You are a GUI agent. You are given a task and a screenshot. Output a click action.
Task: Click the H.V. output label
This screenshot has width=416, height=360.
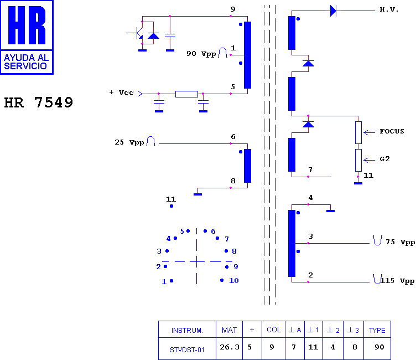coord(389,10)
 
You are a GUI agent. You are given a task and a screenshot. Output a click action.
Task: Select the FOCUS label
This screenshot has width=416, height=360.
coord(392,131)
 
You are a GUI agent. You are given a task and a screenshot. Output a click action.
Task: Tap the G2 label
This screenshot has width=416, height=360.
coord(384,159)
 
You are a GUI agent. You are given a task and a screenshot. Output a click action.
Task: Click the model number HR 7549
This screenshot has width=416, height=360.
coord(39,102)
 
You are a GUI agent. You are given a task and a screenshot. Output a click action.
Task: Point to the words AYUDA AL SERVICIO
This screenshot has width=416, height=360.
coord(26,61)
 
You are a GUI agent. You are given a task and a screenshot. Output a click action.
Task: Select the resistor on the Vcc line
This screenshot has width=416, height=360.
coord(186,94)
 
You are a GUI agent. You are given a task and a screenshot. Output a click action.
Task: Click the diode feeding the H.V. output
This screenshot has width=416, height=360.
coord(333,11)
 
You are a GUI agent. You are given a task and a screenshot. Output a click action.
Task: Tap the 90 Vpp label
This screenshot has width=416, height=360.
coord(201,54)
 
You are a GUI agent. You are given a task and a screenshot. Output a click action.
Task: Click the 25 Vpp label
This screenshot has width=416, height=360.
coord(129,142)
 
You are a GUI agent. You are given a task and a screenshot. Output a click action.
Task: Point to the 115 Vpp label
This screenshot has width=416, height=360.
coord(397,281)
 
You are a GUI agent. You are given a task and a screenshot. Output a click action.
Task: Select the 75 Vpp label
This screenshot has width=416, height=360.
coord(400,242)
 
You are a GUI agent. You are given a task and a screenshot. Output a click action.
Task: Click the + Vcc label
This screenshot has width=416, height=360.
coord(121,92)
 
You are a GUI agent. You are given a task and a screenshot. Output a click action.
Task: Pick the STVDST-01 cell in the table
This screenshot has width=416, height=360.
coord(187,350)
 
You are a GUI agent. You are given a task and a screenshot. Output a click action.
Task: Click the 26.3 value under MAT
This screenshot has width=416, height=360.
coord(230,347)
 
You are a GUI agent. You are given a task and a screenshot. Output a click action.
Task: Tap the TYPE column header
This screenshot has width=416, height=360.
coord(377,330)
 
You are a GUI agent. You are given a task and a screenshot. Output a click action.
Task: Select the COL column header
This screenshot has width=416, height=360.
coord(274,330)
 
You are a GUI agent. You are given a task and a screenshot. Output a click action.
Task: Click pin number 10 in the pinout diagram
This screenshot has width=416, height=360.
coord(234,281)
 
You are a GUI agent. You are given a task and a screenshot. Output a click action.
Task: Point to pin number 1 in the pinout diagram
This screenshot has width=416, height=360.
coord(164,281)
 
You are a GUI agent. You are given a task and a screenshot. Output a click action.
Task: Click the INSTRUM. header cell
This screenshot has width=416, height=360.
coord(187,331)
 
